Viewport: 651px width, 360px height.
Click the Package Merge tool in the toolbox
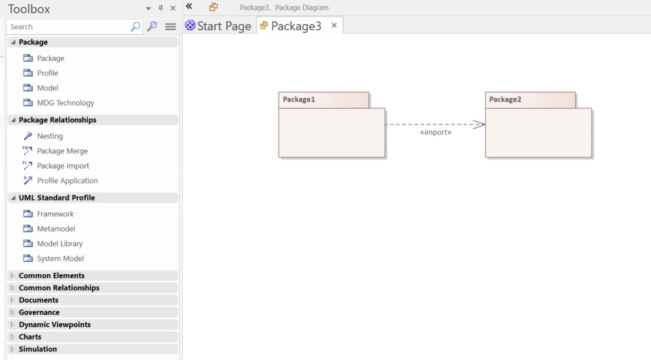coord(62,151)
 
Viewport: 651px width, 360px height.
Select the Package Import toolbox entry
coord(63,166)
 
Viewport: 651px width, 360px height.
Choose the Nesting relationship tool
coord(50,136)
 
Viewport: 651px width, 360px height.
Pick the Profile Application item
coord(68,180)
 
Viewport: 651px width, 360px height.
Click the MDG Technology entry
coord(66,102)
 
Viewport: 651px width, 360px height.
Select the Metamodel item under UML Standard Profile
coord(56,229)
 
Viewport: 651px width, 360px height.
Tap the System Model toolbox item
coord(60,258)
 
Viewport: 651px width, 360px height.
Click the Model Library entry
coord(60,244)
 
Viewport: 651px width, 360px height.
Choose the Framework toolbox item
coord(55,214)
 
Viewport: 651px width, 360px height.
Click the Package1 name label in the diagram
coord(299,99)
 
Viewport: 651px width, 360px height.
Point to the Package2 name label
coord(505,99)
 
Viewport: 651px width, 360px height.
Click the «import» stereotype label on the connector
coord(435,132)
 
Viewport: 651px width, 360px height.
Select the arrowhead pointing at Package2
coord(479,124)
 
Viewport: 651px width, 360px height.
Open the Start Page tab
coord(219,26)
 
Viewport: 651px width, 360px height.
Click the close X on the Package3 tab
coord(334,26)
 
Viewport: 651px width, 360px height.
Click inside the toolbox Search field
coord(68,27)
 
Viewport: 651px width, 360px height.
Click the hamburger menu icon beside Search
coord(170,27)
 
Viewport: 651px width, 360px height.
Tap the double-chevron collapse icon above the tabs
coord(189,6)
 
